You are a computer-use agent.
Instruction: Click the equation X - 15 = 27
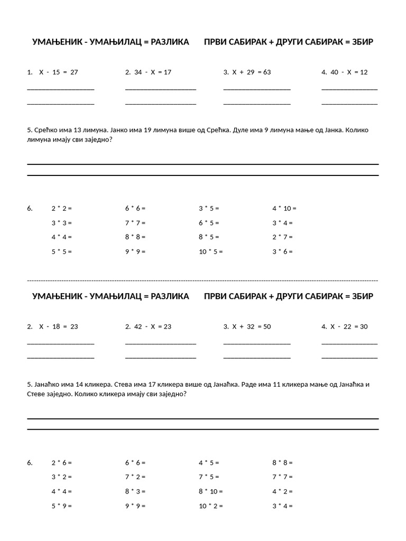(58, 72)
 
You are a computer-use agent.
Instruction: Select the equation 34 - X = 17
(153, 72)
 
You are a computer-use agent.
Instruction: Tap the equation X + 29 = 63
(251, 72)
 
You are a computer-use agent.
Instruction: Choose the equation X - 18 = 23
(58, 327)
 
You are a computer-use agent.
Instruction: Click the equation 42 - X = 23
(153, 327)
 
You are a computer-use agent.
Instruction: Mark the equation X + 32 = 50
(251, 327)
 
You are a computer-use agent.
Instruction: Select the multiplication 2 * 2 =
(61, 208)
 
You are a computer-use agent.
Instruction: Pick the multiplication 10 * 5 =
(210, 251)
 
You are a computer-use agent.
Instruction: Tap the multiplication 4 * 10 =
(284, 208)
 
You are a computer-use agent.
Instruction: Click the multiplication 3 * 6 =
(282, 251)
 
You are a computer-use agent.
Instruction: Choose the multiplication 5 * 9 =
(61, 506)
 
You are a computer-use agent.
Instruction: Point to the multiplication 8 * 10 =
(210, 491)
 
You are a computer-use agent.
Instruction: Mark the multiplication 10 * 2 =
(210, 506)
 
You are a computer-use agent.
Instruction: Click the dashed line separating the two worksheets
(202, 281)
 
